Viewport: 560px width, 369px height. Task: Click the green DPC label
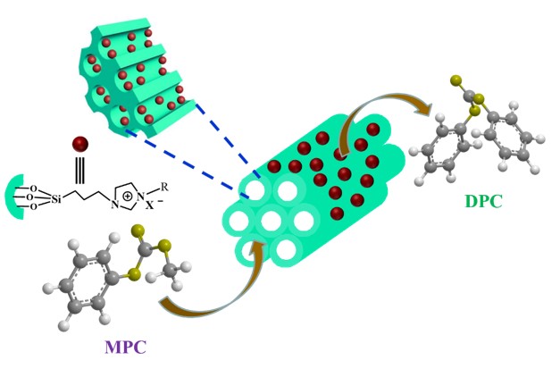(x=483, y=201)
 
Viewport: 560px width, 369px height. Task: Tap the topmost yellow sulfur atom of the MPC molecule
(x=139, y=231)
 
